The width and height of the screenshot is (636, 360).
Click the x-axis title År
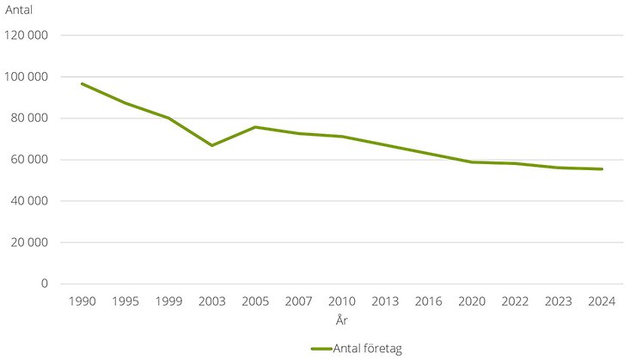point(341,320)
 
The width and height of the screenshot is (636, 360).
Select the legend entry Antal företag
point(356,348)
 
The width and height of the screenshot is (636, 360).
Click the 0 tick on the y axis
point(46,284)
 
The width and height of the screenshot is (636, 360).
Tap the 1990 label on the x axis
point(83,302)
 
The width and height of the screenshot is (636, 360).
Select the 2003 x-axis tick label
point(211,302)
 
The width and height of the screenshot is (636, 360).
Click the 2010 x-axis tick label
point(341,302)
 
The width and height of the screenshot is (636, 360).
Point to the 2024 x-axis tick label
point(602,302)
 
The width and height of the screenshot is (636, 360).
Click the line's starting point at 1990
point(83,83)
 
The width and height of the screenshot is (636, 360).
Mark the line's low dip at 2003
point(211,145)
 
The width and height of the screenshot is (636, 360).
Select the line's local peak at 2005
point(255,127)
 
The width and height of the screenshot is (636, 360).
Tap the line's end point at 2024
point(602,169)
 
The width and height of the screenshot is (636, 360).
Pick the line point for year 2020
point(471,162)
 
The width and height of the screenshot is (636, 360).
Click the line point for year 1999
point(168,118)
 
